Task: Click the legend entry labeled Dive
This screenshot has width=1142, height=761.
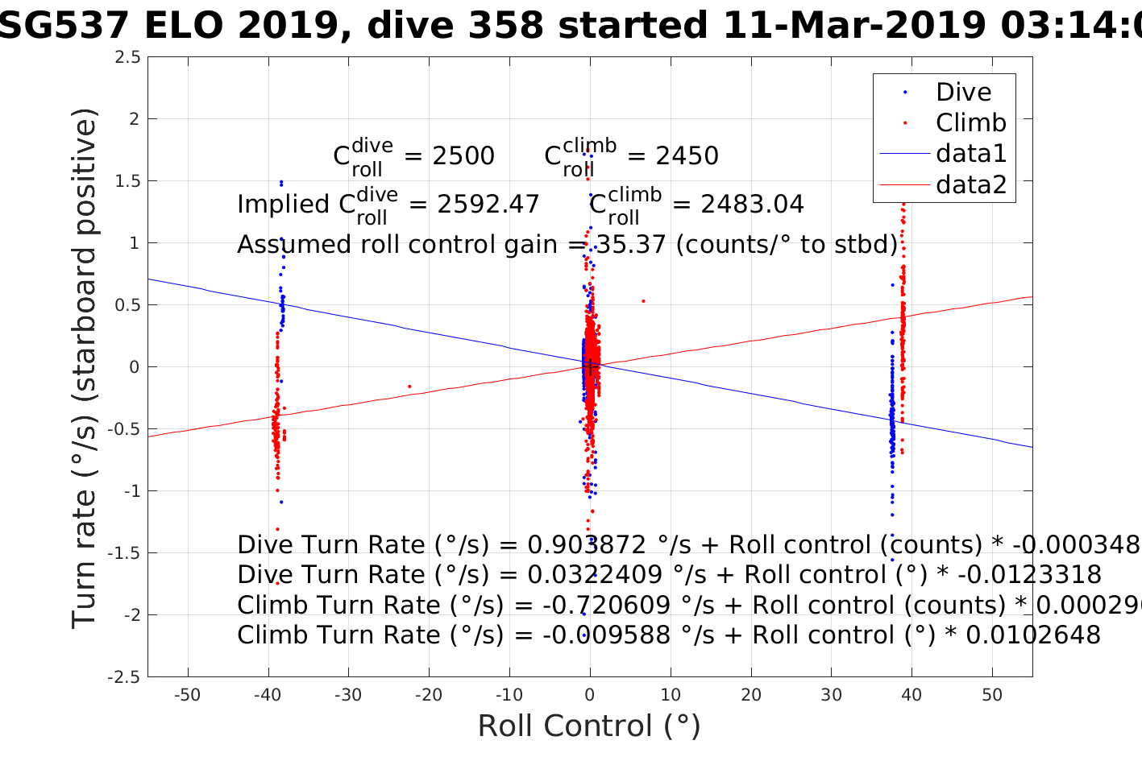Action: [963, 93]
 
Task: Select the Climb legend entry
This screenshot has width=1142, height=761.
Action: [970, 123]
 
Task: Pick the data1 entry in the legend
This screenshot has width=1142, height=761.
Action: [970, 154]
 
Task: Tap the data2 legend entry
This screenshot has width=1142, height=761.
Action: [970, 184]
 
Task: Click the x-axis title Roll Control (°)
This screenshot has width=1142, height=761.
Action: [589, 726]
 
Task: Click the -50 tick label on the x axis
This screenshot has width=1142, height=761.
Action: [187, 695]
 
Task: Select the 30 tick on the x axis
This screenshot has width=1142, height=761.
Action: [831, 695]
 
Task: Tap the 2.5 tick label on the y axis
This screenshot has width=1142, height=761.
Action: [127, 57]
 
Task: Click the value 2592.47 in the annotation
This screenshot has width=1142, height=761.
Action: [488, 205]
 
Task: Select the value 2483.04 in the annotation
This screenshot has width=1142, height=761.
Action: [752, 205]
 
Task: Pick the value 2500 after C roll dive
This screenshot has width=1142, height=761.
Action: [463, 156]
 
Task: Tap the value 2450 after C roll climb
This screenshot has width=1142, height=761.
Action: [687, 156]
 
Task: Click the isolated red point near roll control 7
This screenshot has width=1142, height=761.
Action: [643, 301]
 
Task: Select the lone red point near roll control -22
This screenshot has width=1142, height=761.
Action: [409, 387]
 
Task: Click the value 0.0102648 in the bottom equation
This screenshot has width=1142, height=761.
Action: [1032, 635]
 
